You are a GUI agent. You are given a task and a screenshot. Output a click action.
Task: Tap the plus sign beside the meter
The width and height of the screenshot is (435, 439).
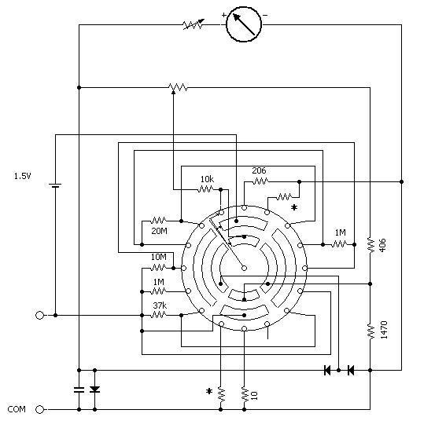[x=224, y=15]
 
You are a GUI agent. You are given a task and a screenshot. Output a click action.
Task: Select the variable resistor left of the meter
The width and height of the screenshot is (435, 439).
[x=194, y=24]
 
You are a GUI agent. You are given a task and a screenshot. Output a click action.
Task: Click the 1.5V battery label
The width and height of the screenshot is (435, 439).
[x=23, y=176]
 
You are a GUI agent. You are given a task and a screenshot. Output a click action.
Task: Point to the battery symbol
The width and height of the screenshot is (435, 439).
[x=55, y=185]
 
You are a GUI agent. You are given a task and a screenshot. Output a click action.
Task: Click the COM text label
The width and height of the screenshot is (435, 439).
[x=17, y=409]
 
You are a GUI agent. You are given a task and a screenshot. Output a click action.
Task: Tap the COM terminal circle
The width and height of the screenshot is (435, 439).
[x=40, y=410]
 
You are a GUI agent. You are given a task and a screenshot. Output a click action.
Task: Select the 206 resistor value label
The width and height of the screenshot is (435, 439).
[x=259, y=170]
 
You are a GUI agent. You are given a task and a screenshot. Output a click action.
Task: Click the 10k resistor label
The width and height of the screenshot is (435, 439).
[x=207, y=179]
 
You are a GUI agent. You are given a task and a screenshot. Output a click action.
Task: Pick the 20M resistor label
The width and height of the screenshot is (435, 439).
[x=160, y=231]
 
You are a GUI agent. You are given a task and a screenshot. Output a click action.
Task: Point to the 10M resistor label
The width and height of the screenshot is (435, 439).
[x=159, y=257]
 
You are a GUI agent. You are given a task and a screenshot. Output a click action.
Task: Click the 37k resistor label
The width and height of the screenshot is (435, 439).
[x=160, y=305]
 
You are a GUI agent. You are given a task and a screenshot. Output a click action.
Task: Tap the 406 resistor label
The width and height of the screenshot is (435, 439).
[x=382, y=245]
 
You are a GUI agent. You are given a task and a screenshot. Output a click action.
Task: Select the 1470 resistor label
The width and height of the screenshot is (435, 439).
[x=384, y=330]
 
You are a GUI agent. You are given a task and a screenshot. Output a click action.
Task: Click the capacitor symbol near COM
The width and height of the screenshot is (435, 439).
[x=79, y=390]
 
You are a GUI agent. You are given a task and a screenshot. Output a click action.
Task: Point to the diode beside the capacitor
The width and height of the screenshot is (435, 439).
[x=95, y=390]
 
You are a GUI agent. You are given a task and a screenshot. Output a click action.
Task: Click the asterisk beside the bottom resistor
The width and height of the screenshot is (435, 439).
[x=209, y=391]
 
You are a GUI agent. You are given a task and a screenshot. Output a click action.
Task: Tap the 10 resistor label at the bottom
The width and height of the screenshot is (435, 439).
[x=254, y=395]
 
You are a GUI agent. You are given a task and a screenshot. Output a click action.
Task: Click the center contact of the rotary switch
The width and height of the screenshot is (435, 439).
[x=244, y=269]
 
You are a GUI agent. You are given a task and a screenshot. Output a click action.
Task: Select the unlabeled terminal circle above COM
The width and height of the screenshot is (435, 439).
[x=40, y=316]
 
